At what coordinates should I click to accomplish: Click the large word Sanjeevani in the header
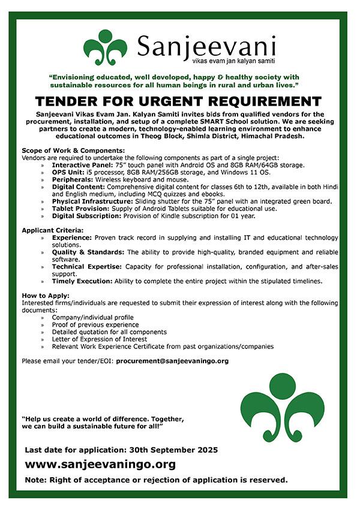[x=206, y=45]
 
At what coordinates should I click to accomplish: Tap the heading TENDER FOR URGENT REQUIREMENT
[x=179, y=101]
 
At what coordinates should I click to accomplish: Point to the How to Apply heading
[x=46, y=296]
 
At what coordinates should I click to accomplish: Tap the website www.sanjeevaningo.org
[x=100, y=464]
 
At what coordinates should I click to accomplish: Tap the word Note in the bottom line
[x=35, y=480]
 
